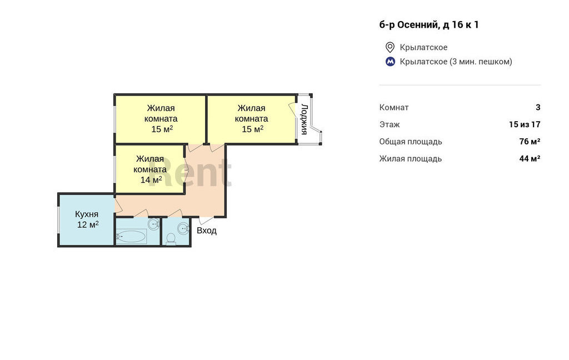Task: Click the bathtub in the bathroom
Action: point(131,237)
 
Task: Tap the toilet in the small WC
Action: point(171,239)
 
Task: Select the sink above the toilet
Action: point(183,229)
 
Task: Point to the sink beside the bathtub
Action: point(153,223)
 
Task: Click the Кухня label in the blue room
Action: point(87,214)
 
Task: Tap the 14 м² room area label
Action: point(151,179)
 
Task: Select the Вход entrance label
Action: point(207,231)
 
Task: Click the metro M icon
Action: point(390,62)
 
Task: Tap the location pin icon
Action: point(390,47)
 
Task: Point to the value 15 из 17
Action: point(525,124)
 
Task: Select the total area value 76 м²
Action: point(530,142)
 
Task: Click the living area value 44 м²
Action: point(530,158)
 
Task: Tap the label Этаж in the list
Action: point(390,124)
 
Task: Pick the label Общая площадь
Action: point(411,142)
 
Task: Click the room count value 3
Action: point(538,107)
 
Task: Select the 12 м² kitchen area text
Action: point(88,224)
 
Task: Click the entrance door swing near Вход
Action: point(207,221)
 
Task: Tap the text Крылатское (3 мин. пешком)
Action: point(456,62)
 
